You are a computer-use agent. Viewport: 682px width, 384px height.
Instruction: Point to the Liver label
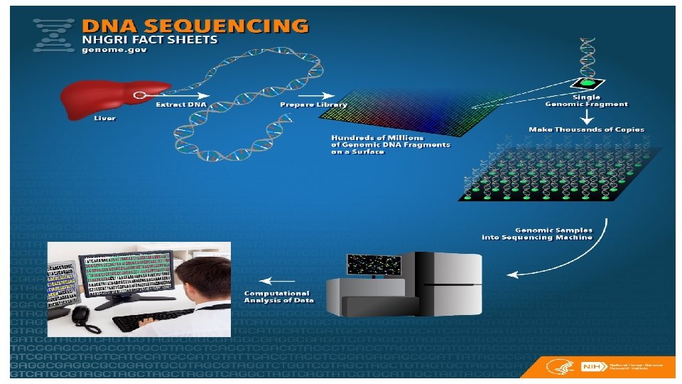point(104,119)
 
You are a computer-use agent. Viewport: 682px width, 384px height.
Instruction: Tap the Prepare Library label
point(313,105)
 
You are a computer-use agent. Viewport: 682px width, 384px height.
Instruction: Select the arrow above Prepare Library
point(315,95)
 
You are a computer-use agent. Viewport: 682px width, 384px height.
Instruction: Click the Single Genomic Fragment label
point(586,100)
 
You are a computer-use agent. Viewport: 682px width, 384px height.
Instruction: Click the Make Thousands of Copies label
point(586,129)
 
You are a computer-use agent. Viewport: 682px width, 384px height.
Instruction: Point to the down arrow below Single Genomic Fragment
point(586,116)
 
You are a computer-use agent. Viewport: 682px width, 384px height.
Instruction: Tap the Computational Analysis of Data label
point(277,297)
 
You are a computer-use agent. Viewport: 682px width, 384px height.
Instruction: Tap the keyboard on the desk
point(146,321)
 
